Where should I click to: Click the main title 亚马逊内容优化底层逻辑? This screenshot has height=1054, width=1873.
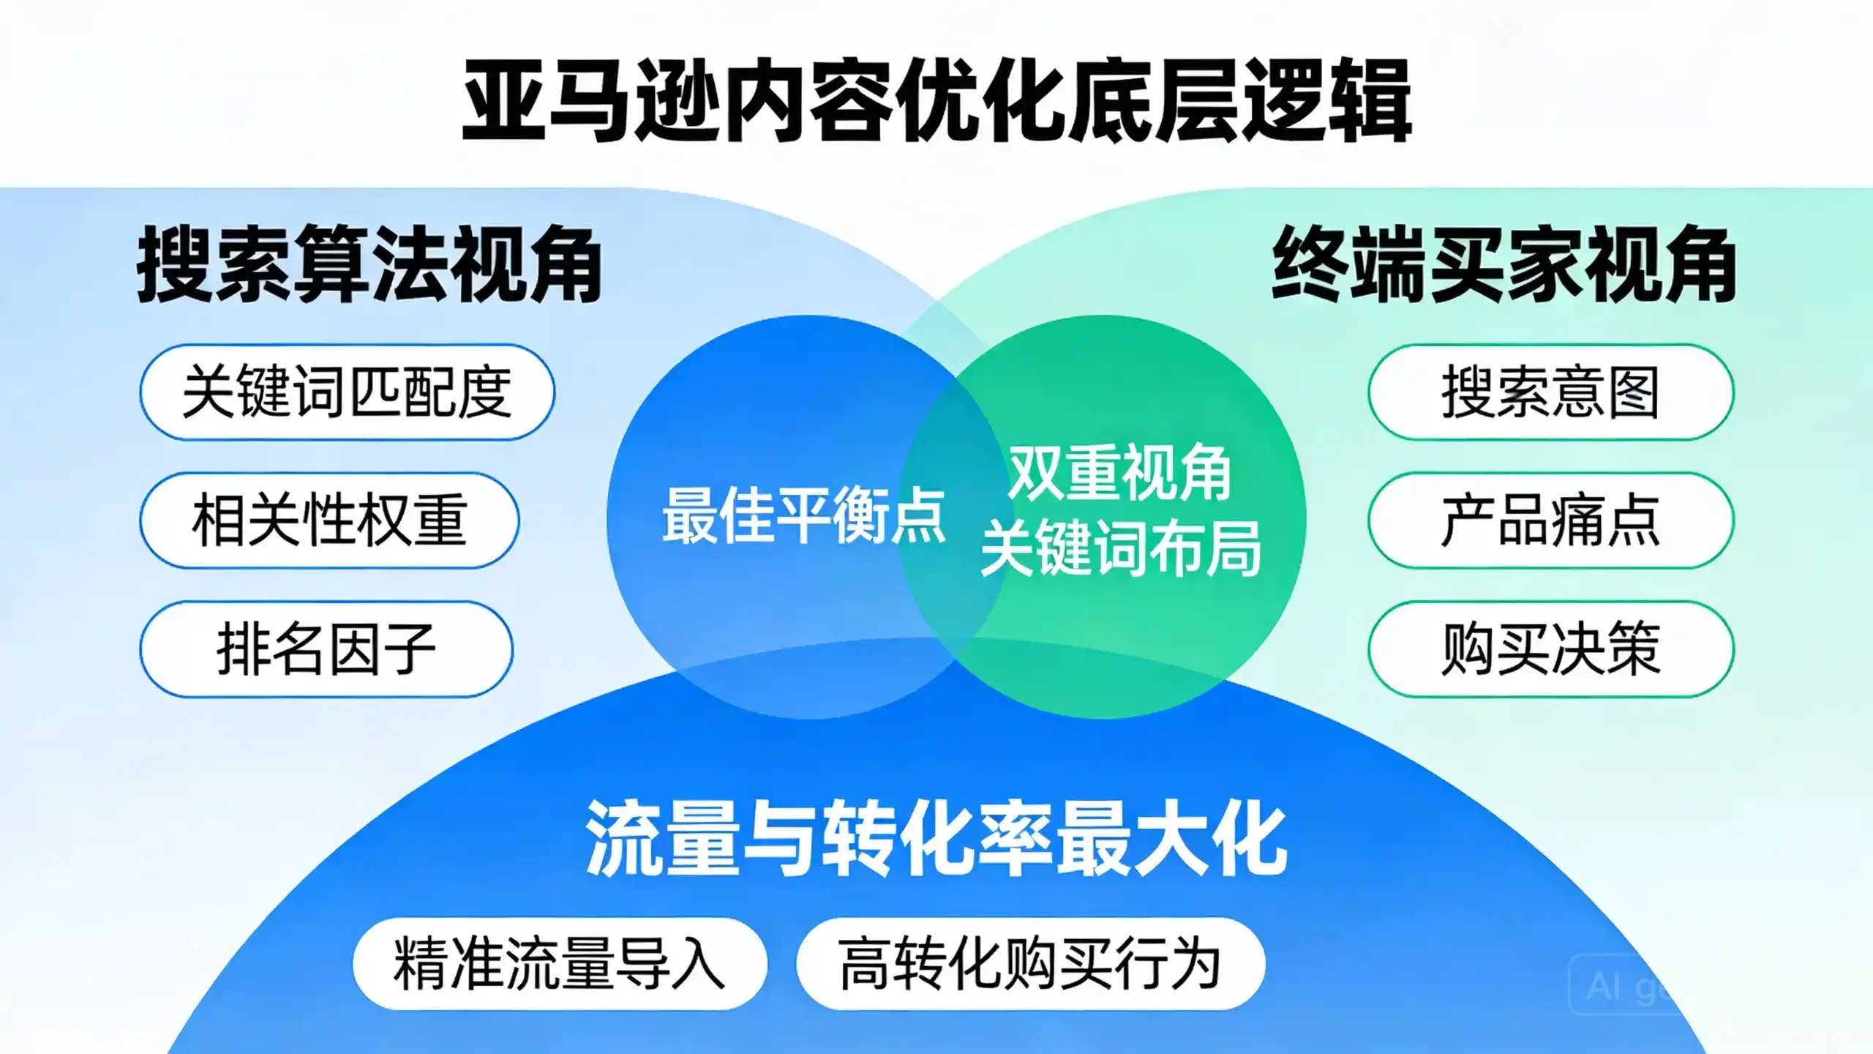pos(937,101)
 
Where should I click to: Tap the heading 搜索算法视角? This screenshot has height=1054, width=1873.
pos(369,264)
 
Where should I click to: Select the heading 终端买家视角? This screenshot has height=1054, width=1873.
pos(1504,264)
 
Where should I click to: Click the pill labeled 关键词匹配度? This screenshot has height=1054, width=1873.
pos(347,392)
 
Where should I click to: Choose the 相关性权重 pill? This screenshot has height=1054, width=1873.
pos(329,520)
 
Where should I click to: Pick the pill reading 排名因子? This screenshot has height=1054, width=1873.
pos(326,649)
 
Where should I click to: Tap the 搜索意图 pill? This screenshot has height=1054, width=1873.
pos(1551,392)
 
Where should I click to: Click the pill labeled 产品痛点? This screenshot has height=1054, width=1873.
pos(1551,520)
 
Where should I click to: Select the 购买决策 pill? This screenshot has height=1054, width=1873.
pos(1551,649)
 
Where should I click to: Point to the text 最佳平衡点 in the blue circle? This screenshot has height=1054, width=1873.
pos(804,515)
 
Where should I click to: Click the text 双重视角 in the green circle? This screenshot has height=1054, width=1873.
pos(1120,473)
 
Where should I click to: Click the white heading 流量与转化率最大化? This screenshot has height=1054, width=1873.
pos(936,839)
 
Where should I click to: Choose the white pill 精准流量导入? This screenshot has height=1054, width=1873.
pos(560,963)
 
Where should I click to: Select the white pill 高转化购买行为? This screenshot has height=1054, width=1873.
pos(1030,963)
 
